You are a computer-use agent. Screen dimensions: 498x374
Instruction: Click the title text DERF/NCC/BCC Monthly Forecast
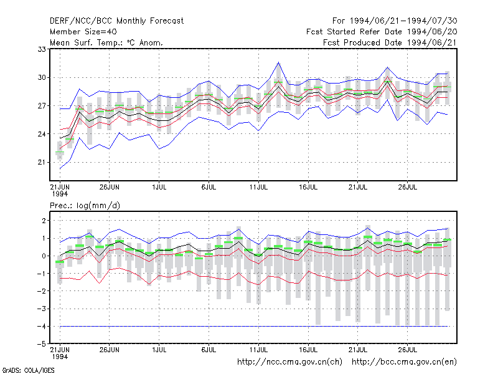point(116,21)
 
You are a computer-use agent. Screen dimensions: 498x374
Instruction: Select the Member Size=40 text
point(83,32)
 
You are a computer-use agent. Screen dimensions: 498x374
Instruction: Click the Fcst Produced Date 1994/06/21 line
point(390,42)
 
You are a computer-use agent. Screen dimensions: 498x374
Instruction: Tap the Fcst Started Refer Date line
point(382,32)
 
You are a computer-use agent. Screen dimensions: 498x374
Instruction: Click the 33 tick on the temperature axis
point(42,49)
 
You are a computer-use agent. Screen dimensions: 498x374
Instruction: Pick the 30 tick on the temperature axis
point(42,77)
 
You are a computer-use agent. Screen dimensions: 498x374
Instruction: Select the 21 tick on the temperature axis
point(42,162)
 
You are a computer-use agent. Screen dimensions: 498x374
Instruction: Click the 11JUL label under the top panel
point(258,187)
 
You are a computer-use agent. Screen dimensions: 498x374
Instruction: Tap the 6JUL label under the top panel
point(209,187)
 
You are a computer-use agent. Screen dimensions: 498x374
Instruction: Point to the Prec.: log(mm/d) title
point(85,206)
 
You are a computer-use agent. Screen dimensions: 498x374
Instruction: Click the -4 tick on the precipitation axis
point(42,326)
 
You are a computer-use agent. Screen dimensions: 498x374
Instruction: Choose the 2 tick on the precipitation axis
point(44,221)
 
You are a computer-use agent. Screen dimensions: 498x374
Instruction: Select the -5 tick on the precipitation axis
point(42,344)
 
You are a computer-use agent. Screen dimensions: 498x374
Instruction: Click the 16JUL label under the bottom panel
point(308,350)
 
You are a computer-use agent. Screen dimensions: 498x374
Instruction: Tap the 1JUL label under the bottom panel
point(159,350)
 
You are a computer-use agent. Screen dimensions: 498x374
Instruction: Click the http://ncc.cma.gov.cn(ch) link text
point(289,362)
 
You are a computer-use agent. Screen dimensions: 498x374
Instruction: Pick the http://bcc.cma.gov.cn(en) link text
point(404,362)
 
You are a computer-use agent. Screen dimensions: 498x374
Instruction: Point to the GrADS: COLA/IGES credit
point(28,370)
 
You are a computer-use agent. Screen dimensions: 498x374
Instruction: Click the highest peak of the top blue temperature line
point(278,62)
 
